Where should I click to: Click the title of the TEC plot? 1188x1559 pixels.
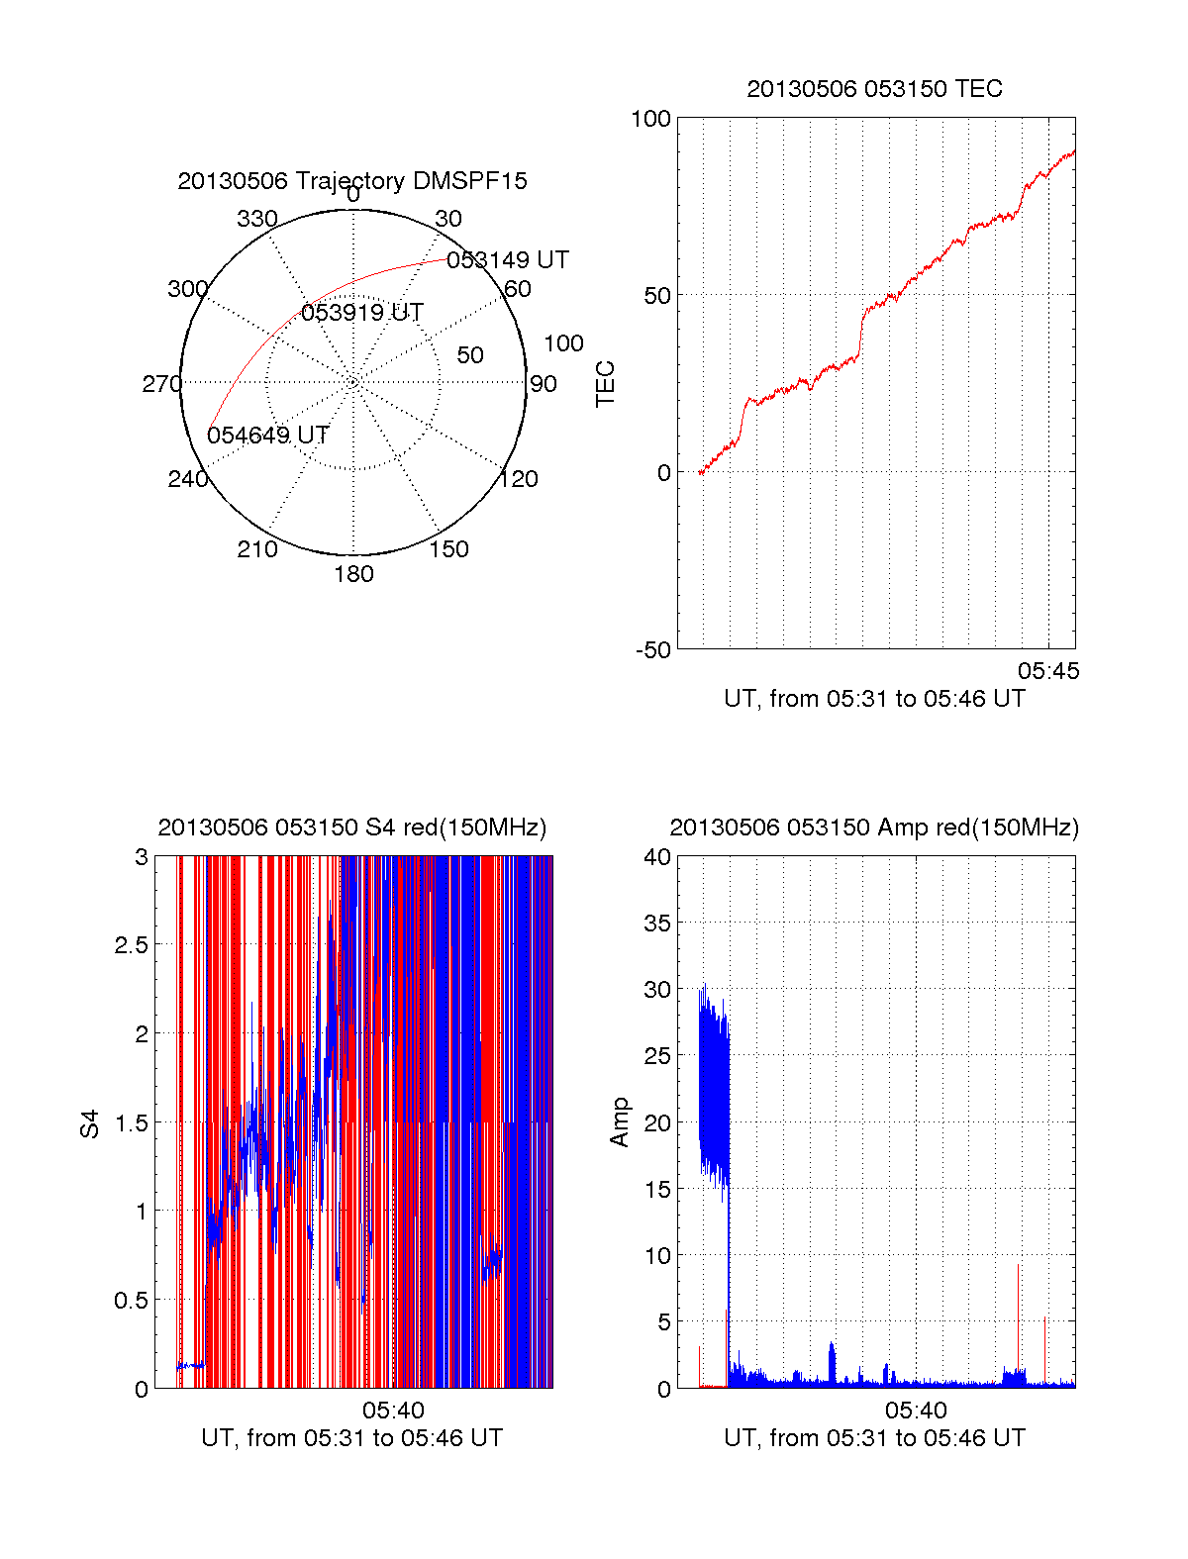pyautogui.click(x=874, y=89)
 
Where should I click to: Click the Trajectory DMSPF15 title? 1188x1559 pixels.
pyautogui.click(x=352, y=181)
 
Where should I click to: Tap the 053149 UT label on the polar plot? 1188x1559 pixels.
pyautogui.click(x=508, y=260)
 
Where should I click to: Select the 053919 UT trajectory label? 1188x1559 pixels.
pyautogui.click(x=362, y=313)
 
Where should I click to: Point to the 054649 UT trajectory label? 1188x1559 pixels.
pyautogui.click(x=268, y=436)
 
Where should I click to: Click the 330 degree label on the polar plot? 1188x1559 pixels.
pyautogui.click(x=257, y=219)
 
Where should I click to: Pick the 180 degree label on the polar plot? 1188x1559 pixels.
pyautogui.click(x=353, y=574)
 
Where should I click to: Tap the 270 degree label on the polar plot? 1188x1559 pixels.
pyautogui.click(x=161, y=384)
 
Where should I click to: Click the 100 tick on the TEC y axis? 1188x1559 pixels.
pyautogui.click(x=650, y=119)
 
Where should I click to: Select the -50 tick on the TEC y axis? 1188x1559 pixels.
pyautogui.click(x=652, y=650)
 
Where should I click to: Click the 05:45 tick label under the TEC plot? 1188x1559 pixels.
pyautogui.click(x=1048, y=671)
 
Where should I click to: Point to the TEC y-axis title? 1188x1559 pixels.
pyautogui.click(x=605, y=384)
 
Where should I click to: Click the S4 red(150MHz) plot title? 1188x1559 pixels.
pyautogui.click(x=352, y=828)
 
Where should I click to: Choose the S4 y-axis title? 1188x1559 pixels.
pyautogui.click(x=90, y=1123)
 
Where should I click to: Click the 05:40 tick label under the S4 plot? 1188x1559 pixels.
pyautogui.click(x=393, y=1411)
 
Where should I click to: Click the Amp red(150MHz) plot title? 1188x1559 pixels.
pyautogui.click(x=874, y=828)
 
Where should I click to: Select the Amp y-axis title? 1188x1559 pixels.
pyautogui.click(x=620, y=1122)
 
